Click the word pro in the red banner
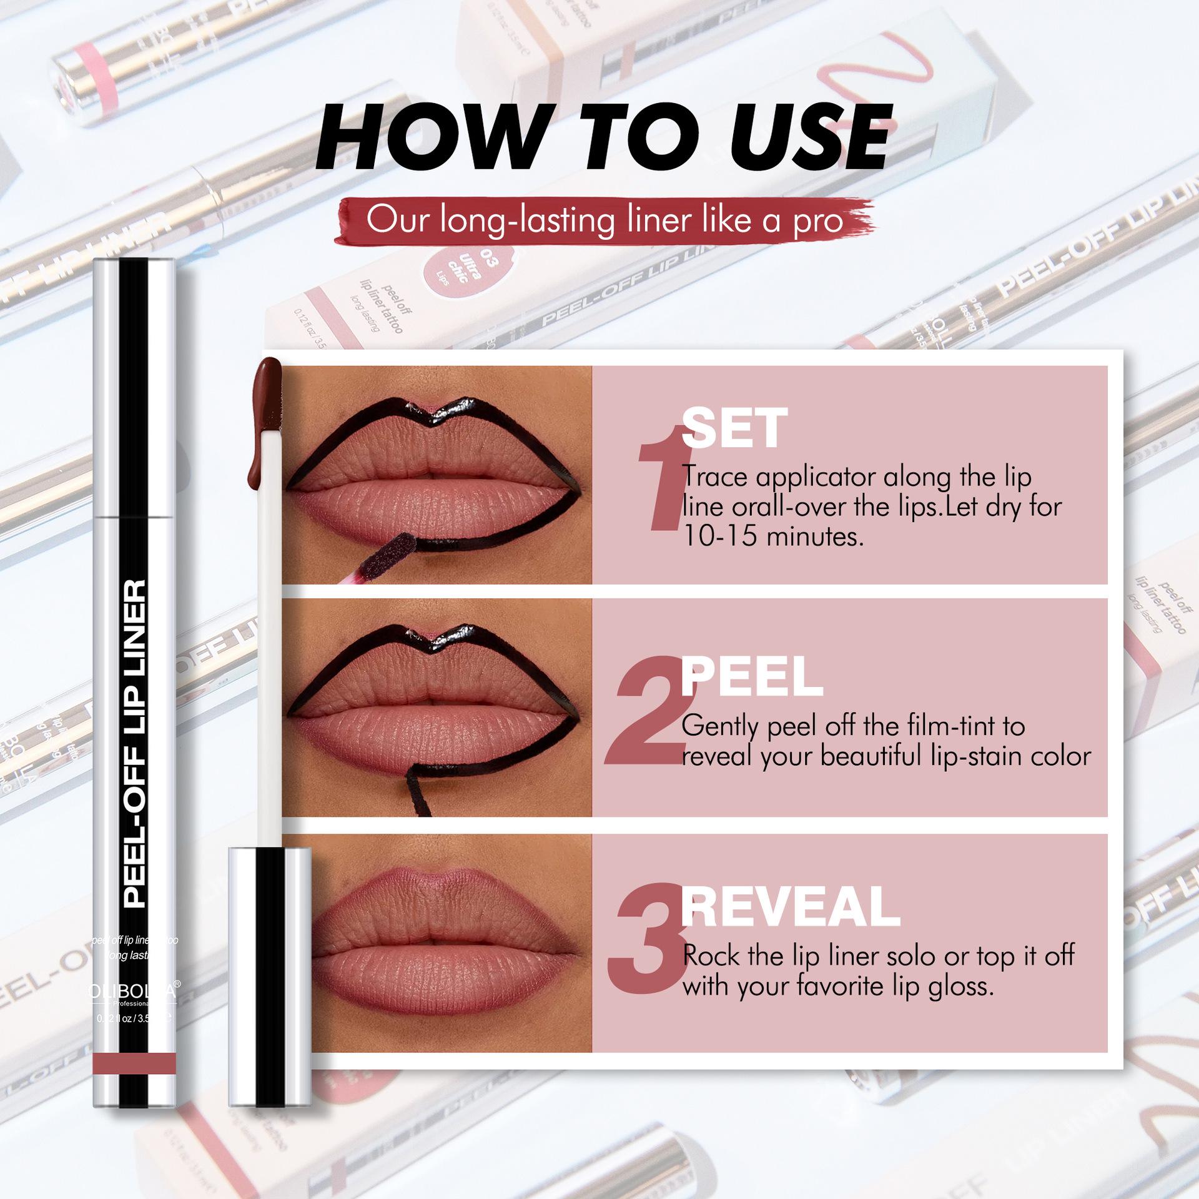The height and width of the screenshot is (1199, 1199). coord(819,221)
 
